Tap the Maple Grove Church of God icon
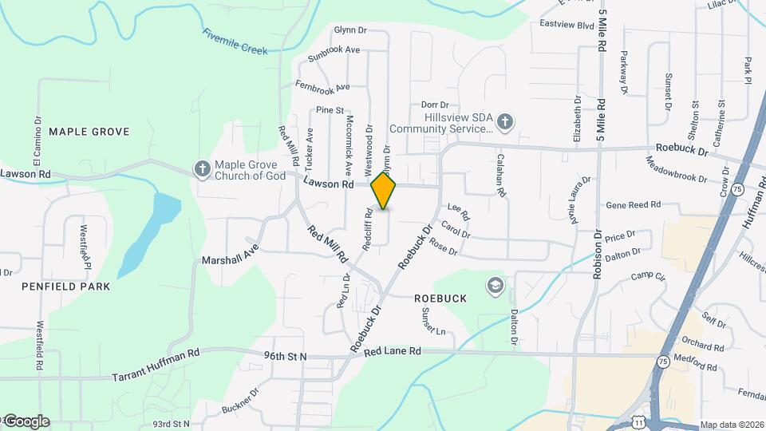click(x=203, y=169)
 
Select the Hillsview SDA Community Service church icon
click(x=504, y=122)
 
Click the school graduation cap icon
click(x=495, y=285)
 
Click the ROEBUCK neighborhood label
click(x=440, y=298)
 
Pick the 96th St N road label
click(x=286, y=356)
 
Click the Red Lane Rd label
click(x=392, y=351)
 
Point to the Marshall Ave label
click(x=231, y=260)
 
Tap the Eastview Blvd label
click(x=567, y=25)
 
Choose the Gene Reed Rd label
click(x=634, y=205)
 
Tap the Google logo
click(x=26, y=421)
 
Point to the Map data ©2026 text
click(x=732, y=425)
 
